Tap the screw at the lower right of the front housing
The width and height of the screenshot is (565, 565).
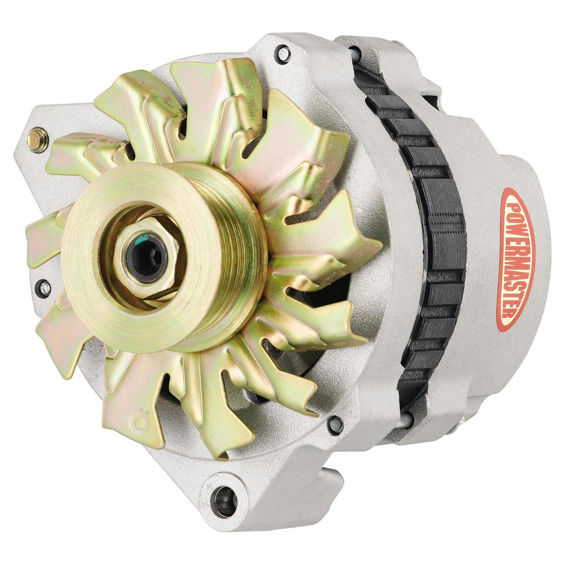[x=334, y=424]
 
